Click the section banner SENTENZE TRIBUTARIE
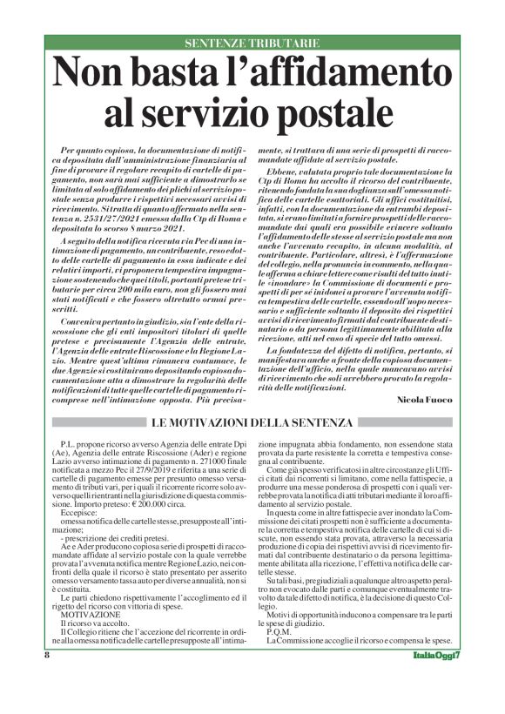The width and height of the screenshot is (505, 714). tap(252, 43)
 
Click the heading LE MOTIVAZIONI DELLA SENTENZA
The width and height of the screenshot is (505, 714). tap(252, 422)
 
